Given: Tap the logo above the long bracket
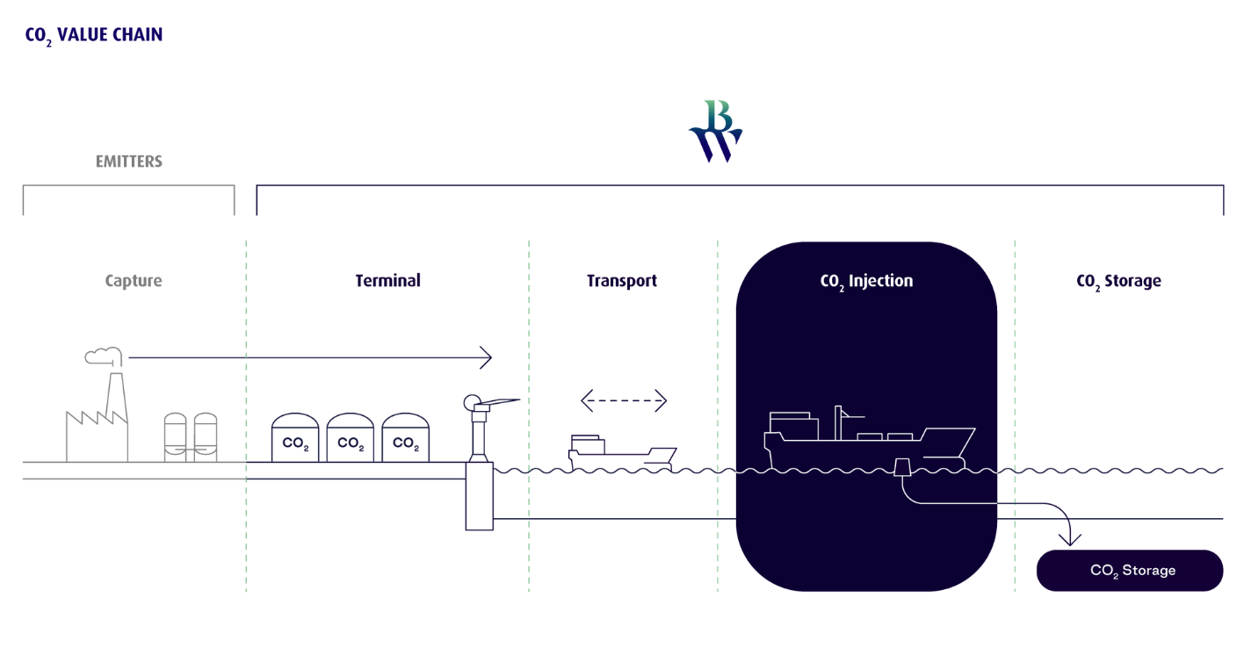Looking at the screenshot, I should (716, 131).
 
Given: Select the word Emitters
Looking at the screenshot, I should (129, 162).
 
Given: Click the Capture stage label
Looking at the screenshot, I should (134, 281).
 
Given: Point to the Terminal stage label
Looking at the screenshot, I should (387, 281).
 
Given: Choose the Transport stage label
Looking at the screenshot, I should (622, 281).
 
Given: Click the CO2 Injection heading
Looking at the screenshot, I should (866, 281).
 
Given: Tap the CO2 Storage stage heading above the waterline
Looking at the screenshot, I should (1118, 281).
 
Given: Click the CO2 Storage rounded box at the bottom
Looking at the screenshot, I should (1131, 571).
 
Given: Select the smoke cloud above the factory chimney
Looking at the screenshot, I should (103, 354).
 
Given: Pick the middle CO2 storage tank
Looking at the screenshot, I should (351, 438).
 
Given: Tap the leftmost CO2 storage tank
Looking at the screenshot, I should (295, 438).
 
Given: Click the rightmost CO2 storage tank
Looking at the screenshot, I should (405, 438).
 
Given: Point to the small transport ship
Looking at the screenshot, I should (619, 451).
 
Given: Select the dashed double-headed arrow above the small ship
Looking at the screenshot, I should (623, 402).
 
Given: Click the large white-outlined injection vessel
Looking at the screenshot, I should (865, 439).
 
